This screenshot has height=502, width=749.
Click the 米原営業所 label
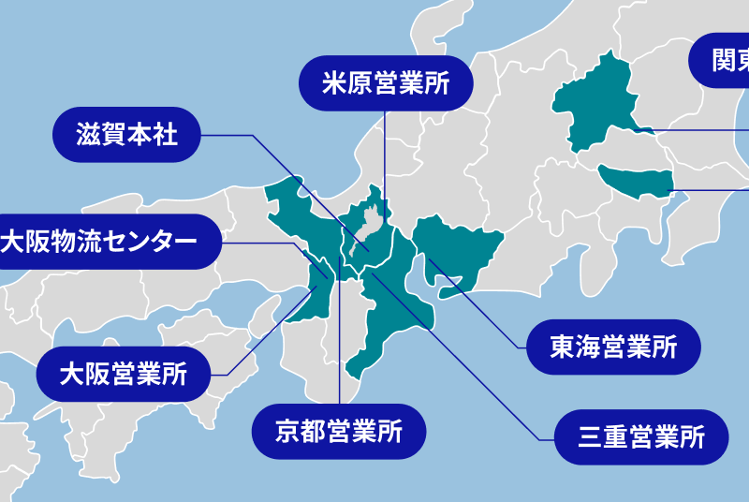tap(386, 83)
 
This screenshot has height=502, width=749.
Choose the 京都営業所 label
tap(339, 432)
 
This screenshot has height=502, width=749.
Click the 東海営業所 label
tap(613, 347)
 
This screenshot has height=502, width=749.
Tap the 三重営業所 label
tap(640, 436)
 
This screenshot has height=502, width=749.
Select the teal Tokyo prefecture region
tap(637, 179)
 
